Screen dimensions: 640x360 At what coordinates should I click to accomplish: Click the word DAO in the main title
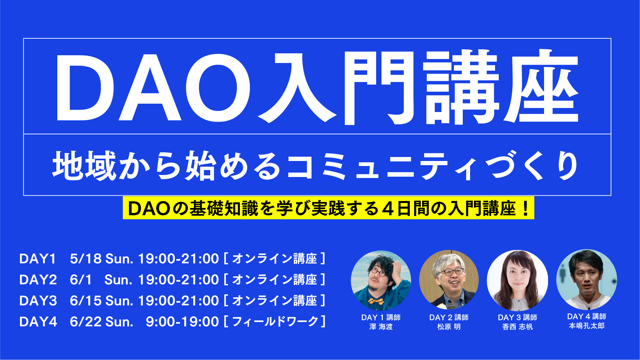[x=153, y=88]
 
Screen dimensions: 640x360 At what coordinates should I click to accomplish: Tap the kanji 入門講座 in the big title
[x=418, y=87]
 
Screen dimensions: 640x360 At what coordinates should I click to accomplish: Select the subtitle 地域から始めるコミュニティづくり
[x=316, y=166]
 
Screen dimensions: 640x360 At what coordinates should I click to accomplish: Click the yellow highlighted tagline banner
[x=328, y=208]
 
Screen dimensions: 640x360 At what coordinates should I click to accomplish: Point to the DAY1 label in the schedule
[x=38, y=259]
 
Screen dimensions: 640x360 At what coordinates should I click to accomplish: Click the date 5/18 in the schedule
[x=86, y=259]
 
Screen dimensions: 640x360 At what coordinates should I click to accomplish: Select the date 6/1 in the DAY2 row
[x=81, y=280]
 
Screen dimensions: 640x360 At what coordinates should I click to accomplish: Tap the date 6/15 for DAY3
[x=86, y=301]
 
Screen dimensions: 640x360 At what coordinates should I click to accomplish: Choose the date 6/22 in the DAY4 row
[x=86, y=322]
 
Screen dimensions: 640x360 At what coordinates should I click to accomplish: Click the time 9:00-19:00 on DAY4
[x=182, y=322]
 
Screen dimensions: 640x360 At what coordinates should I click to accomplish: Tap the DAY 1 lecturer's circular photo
[x=381, y=280]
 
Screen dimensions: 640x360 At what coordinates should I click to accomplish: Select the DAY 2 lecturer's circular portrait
[x=449, y=280]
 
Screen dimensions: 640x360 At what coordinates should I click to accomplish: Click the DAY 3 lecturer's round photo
[x=517, y=280]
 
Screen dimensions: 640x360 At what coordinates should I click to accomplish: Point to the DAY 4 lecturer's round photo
[x=587, y=280]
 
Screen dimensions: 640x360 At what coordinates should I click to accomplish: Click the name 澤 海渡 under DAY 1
[x=381, y=327]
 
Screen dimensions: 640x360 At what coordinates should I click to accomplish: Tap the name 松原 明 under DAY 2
[x=449, y=327]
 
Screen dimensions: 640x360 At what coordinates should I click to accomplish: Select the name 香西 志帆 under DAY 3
[x=517, y=327]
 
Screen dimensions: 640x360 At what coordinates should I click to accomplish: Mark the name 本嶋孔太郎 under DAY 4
[x=587, y=326]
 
